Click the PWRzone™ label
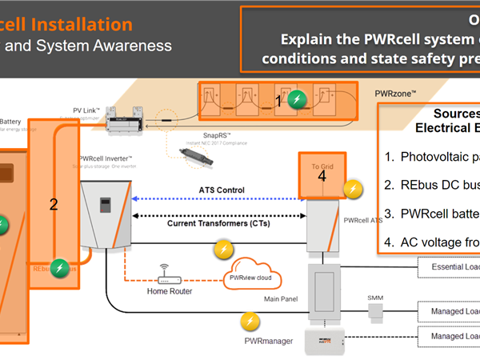[395, 94]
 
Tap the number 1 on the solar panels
[278, 100]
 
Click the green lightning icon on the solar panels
[297, 100]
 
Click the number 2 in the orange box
[54, 204]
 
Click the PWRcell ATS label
[362, 219]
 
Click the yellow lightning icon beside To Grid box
[352, 189]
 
